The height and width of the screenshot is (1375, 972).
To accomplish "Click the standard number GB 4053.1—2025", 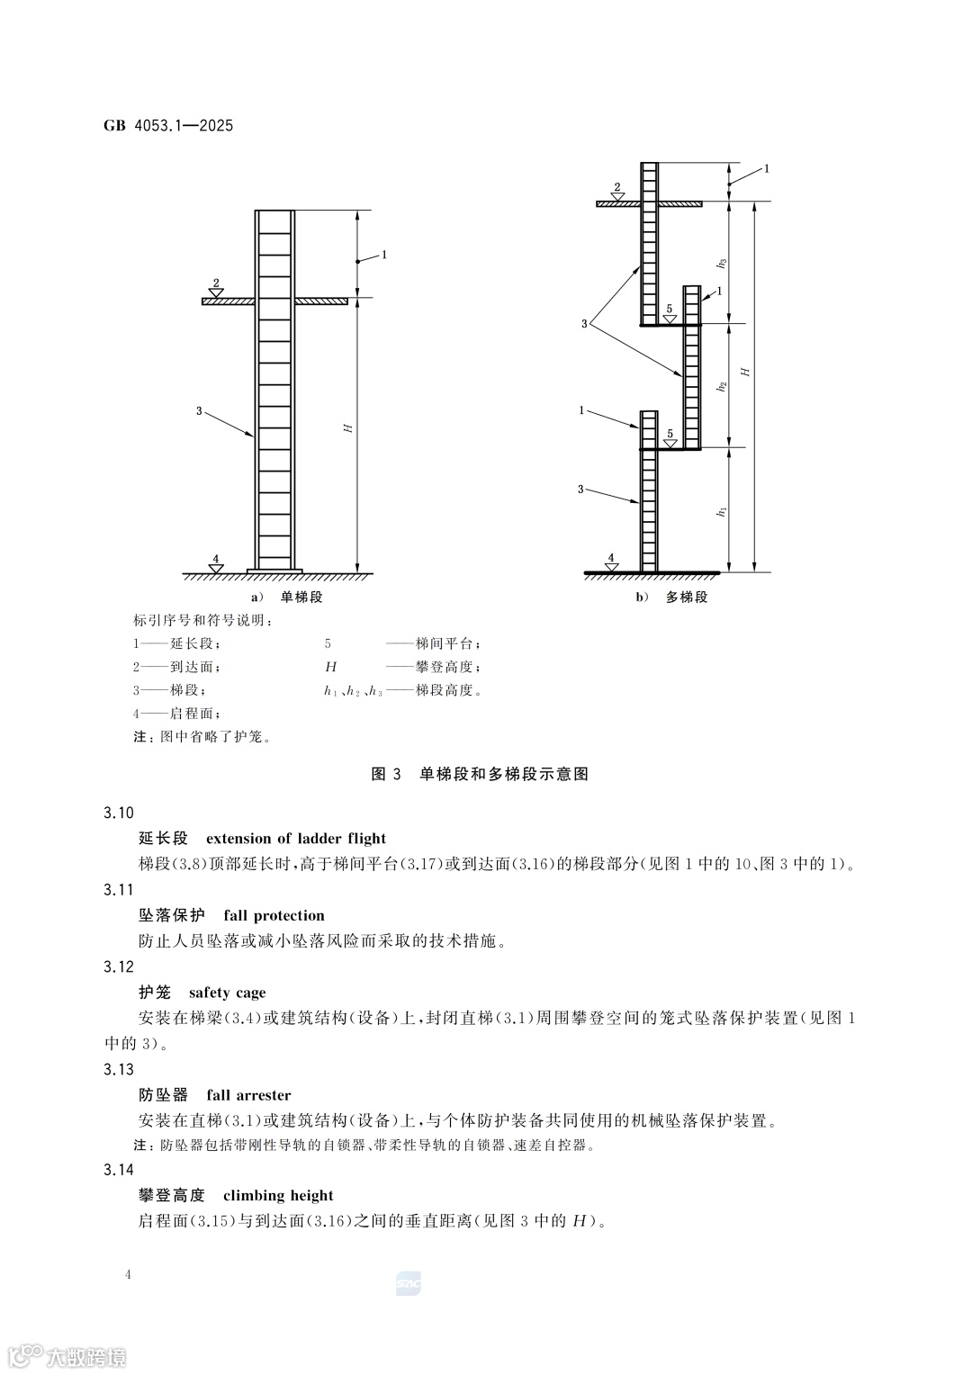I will [x=168, y=126].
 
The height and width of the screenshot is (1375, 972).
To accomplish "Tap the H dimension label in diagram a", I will [x=347, y=427].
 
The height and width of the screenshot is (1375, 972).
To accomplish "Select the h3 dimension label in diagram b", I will [x=722, y=263].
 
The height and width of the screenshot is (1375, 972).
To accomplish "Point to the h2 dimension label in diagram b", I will [x=722, y=386].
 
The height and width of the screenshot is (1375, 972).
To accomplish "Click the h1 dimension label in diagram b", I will [x=722, y=511].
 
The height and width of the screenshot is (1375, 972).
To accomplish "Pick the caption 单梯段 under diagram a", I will [x=301, y=598].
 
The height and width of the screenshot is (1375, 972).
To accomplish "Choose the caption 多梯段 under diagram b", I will [x=687, y=598].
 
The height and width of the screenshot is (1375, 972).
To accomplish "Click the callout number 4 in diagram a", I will [x=215, y=558].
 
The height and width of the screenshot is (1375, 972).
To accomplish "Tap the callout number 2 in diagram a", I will [x=215, y=283].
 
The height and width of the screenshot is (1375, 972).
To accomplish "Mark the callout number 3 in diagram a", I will [x=199, y=411].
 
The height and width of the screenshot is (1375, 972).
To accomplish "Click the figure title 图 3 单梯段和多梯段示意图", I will [x=480, y=774].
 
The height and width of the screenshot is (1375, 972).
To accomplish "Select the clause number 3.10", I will [x=119, y=813].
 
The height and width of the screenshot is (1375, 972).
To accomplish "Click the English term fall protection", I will [x=274, y=916].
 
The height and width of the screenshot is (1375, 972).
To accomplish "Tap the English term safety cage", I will [x=228, y=993].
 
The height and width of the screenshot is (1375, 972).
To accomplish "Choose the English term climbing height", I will [x=278, y=1195].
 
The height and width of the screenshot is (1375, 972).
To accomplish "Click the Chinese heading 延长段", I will [x=164, y=839].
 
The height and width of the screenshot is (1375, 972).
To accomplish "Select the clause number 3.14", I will [x=119, y=1170].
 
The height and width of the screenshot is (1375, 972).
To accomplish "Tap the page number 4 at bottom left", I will [x=130, y=1274].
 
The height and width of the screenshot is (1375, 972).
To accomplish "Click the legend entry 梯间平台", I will [x=447, y=644].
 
